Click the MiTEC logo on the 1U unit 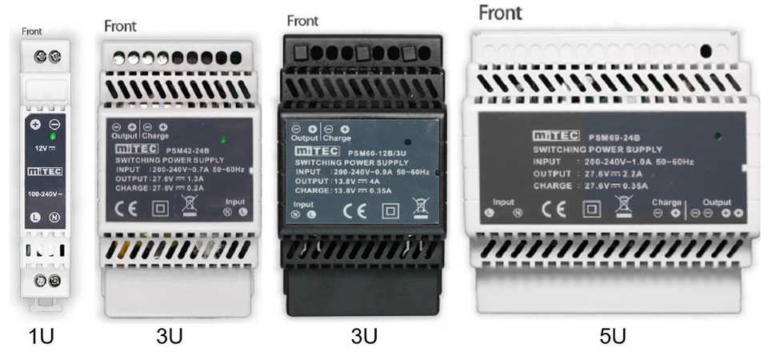coord(45,171)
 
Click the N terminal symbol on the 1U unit coord(54,218)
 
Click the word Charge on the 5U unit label coord(666,202)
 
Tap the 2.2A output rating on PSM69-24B coord(632,174)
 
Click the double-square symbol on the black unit coord(390,214)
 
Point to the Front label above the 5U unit coord(500,13)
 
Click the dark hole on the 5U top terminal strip coord(706,50)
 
